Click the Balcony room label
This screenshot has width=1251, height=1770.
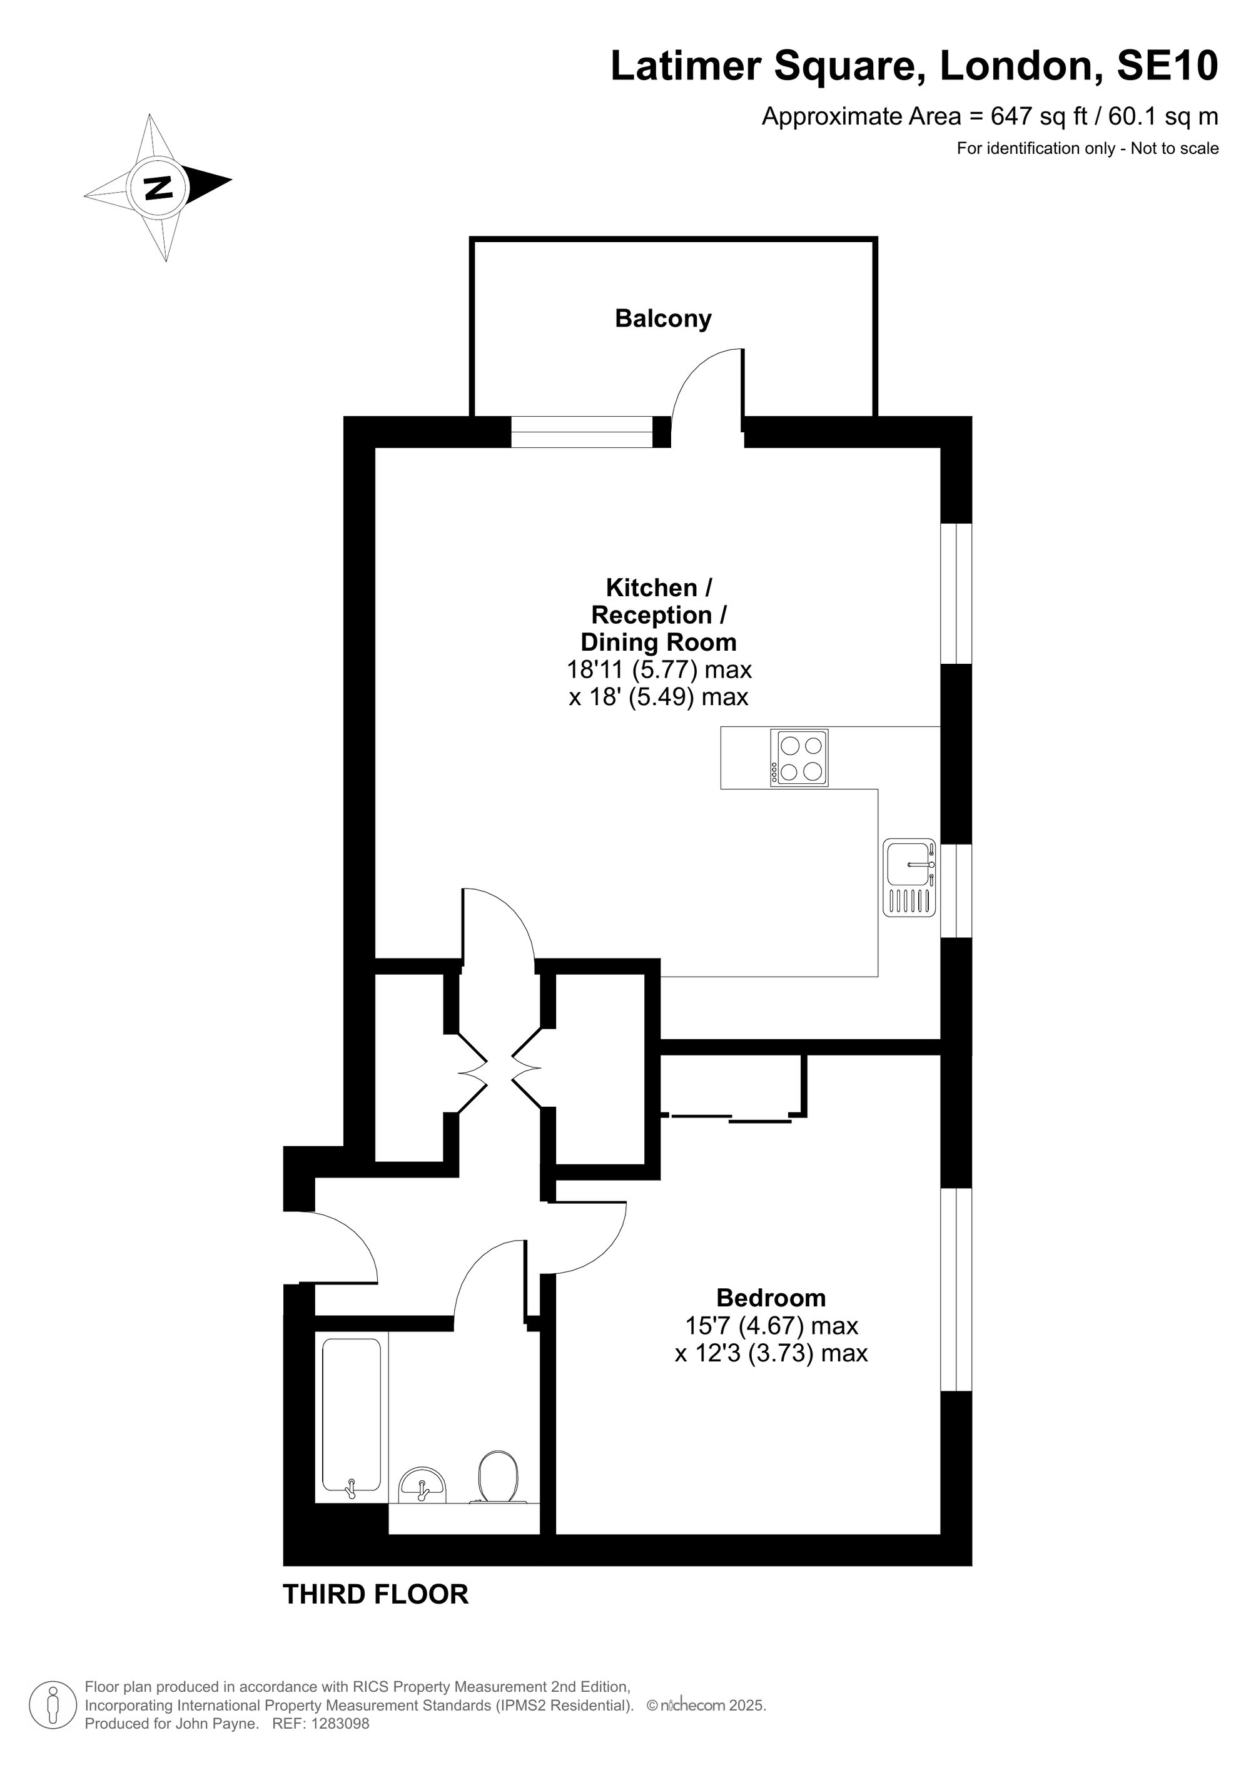click(663, 319)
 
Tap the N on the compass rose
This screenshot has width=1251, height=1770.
click(158, 187)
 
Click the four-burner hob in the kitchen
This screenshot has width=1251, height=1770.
click(799, 758)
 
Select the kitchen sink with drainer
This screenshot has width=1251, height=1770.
click(909, 877)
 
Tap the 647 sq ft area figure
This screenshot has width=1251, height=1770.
click(1038, 116)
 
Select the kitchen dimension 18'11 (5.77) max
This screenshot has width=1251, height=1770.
click(659, 669)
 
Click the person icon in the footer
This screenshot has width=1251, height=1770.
click(53, 1703)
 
